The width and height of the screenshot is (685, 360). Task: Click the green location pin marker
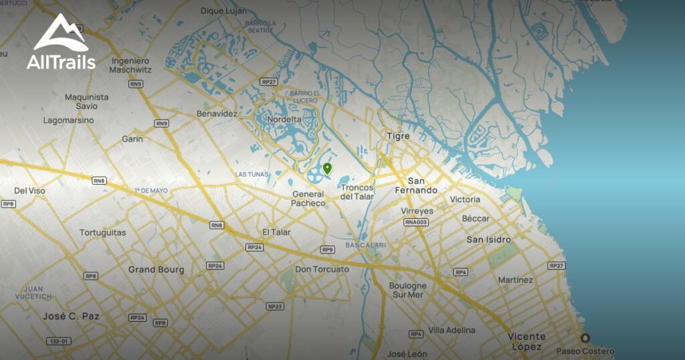click(x=327, y=168)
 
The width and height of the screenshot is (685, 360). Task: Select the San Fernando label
click(x=422, y=185)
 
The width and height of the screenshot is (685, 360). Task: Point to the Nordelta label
click(x=284, y=120)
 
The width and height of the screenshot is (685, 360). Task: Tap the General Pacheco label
click(x=308, y=199)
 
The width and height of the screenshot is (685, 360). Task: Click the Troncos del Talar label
click(x=357, y=192)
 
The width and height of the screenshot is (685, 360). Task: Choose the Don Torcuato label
click(x=322, y=269)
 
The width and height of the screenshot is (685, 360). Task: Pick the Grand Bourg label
click(x=156, y=270)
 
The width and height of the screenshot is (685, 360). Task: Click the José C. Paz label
click(x=72, y=316)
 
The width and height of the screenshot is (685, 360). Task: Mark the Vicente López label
click(x=526, y=341)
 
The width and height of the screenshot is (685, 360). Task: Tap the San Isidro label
click(x=488, y=240)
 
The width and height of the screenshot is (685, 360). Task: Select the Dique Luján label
click(x=223, y=11)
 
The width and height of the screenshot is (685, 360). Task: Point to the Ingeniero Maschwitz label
click(x=130, y=65)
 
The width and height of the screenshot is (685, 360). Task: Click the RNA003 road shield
click(x=415, y=222)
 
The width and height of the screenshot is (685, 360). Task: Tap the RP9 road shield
click(x=327, y=250)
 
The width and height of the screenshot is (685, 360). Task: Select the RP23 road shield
click(x=274, y=306)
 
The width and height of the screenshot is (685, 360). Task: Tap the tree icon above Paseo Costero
click(x=585, y=339)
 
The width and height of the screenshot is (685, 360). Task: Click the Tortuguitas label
click(x=102, y=233)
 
